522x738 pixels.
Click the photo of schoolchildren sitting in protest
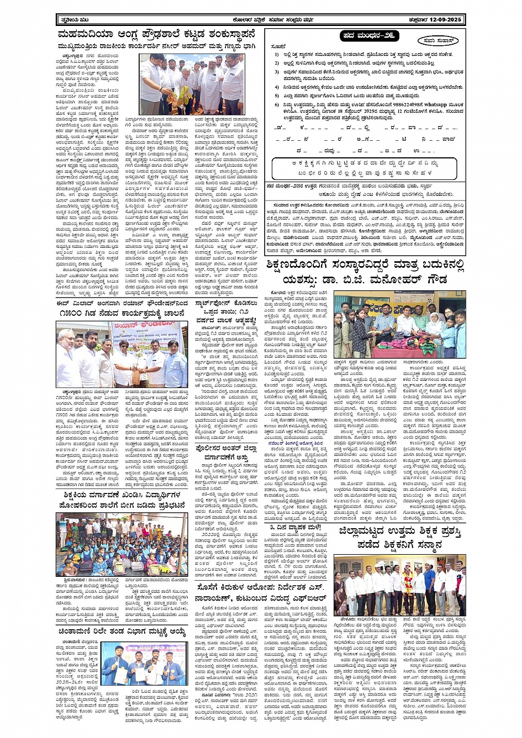pos(122,544)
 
